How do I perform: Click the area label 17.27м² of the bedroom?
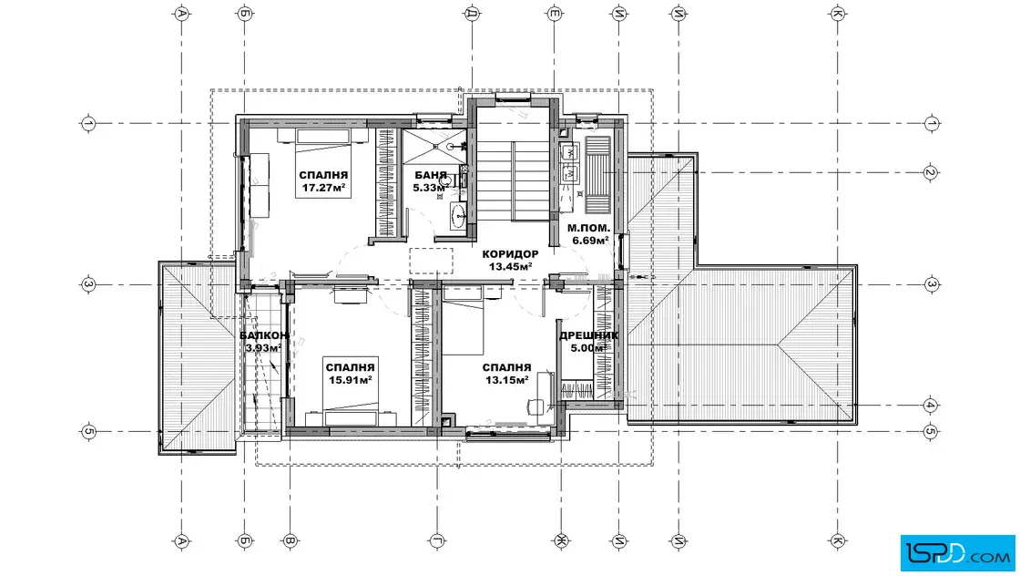(x=323, y=188)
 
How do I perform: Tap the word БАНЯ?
(x=431, y=175)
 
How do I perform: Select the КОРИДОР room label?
(x=510, y=254)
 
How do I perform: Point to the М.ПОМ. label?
(x=588, y=228)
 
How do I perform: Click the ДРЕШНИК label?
(x=588, y=335)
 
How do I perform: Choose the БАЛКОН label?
(x=264, y=335)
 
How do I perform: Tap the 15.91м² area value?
(x=350, y=380)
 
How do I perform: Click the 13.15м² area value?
(x=506, y=380)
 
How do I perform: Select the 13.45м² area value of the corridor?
(x=511, y=266)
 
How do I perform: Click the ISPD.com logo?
(x=957, y=553)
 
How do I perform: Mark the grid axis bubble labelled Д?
(x=473, y=13)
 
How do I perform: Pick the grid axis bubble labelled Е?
(x=555, y=13)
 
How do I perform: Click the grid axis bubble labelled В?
(x=291, y=540)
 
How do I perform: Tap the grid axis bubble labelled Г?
(x=436, y=540)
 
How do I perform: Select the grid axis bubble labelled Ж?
(x=561, y=540)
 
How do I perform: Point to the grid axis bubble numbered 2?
(x=930, y=173)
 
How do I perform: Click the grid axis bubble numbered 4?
(x=930, y=405)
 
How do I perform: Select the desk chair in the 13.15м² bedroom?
(x=535, y=406)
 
